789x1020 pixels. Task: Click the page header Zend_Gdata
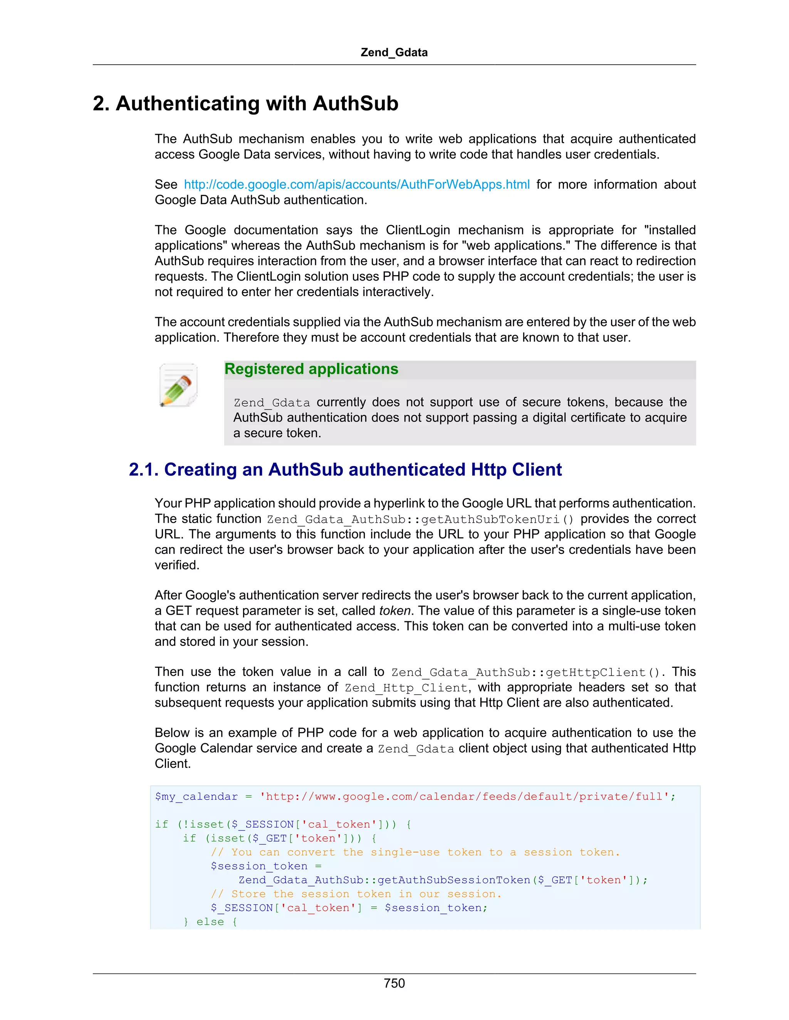tap(394, 52)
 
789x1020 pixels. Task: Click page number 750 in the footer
tap(394, 983)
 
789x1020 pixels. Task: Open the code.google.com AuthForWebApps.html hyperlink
tap(357, 184)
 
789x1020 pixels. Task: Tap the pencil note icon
tap(178, 385)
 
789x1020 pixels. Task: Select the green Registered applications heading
tap(311, 369)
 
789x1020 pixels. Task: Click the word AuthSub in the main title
tap(355, 103)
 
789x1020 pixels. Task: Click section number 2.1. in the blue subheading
tap(143, 469)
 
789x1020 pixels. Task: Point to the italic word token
tap(394, 611)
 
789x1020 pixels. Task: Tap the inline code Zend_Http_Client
tap(406, 687)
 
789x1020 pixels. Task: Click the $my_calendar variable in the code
tap(196, 796)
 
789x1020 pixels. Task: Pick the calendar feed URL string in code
tap(465, 796)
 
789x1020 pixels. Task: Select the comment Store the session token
tap(356, 893)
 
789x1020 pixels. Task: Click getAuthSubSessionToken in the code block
tap(453, 880)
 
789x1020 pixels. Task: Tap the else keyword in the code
tap(210, 921)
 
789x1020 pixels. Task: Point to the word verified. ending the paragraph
tap(177, 565)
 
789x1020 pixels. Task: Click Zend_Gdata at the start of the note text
tap(272, 403)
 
